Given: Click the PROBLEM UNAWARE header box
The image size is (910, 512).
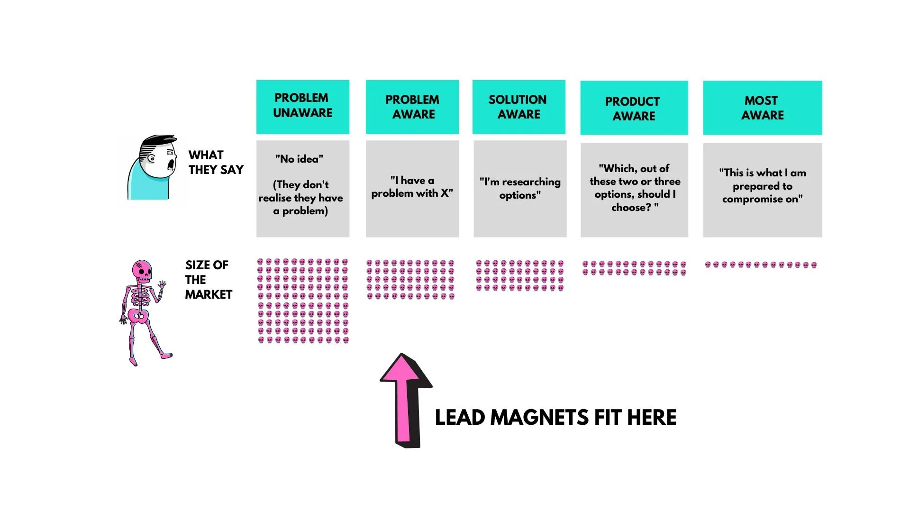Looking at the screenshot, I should click(302, 107).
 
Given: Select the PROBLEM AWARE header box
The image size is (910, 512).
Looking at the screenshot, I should click(412, 107).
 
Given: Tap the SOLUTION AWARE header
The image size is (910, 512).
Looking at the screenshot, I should click(519, 107).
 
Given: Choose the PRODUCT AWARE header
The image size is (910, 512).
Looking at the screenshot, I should click(634, 108).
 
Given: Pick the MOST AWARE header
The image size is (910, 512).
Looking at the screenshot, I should click(762, 108).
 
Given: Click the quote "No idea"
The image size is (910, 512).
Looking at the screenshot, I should click(299, 159).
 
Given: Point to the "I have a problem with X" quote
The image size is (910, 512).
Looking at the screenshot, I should click(412, 187).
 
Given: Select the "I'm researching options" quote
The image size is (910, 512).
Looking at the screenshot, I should click(520, 188).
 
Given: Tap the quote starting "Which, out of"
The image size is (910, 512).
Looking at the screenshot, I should click(634, 188).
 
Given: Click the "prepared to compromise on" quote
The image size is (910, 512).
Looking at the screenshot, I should click(762, 186).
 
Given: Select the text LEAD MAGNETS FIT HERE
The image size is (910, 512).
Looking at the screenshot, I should click(555, 418).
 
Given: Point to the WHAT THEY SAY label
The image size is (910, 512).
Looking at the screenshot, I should click(215, 162).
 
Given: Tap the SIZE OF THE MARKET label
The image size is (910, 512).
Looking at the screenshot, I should click(208, 280).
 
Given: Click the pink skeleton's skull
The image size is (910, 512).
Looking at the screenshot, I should click(142, 270).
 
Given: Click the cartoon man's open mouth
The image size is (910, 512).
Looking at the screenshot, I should click(170, 165).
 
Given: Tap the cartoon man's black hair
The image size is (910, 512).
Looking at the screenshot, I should click(159, 142).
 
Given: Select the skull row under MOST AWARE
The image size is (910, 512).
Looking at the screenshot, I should click(761, 265).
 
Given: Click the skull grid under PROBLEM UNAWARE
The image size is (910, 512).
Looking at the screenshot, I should click(303, 301).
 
